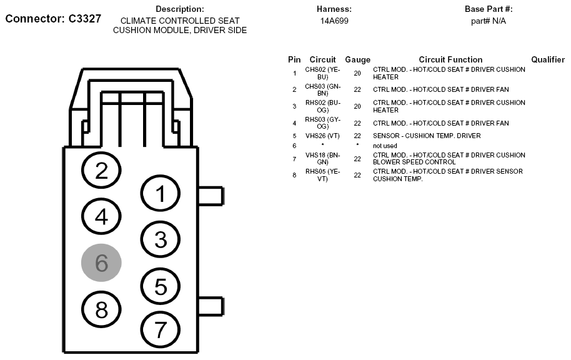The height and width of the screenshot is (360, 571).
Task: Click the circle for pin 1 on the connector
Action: coord(160,194)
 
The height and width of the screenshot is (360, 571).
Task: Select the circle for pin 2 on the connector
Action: coord(101,170)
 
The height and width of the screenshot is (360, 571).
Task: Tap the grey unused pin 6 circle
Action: coord(101,262)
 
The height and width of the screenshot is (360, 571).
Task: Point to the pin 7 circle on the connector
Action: coord(160,330)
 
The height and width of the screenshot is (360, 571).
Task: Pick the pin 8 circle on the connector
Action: coord(101,309)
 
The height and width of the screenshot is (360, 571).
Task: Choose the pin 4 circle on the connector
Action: coord(101,216)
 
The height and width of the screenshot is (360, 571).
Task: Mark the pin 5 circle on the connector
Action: coord(160,286)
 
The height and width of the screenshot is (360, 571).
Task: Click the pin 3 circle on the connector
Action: coord(160,239)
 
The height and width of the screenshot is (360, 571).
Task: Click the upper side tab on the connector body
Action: coord(211,196)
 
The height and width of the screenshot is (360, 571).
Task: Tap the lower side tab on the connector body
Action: coord(211,306)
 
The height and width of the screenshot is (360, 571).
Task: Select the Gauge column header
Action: coord(357,59)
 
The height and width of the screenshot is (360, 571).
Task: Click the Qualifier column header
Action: coord(548,59)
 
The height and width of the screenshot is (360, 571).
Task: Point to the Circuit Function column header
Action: coord(450,59)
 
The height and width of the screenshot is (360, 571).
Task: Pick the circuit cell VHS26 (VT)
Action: coord(322,136)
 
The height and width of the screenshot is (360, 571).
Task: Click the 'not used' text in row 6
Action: coord(385,146)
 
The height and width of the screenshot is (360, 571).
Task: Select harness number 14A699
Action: coord(334,21)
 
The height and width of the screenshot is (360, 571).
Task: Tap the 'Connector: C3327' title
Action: coord(53,19)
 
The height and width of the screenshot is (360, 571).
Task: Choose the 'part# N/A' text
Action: coord(489,21)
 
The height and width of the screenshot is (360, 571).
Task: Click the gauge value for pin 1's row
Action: coord(357,73)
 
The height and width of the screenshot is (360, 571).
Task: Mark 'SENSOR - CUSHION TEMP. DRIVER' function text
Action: coord(427,136)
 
